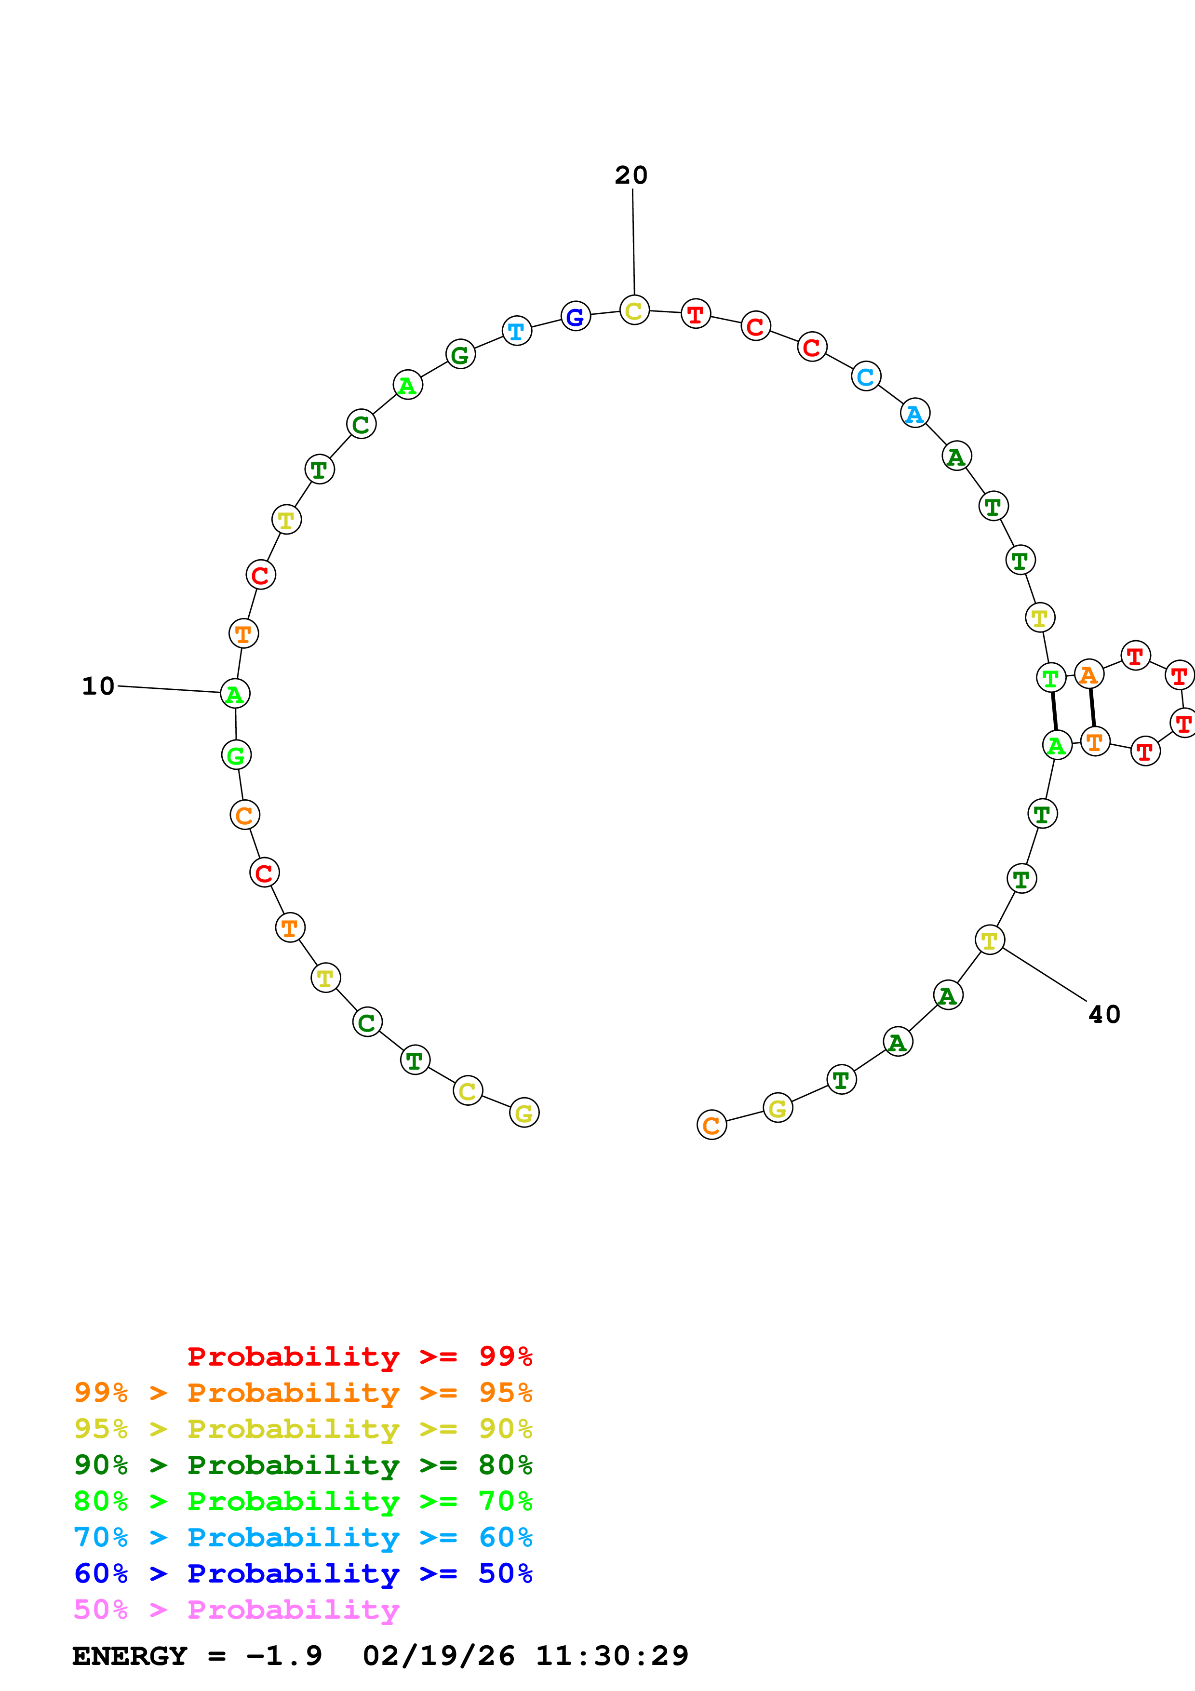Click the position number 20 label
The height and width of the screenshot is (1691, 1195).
click(631, 175)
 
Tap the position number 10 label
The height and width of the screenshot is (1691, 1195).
click(98, 686)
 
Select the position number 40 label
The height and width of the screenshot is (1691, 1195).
click(1104, 1015)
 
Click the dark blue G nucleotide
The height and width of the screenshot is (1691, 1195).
click(575, 317)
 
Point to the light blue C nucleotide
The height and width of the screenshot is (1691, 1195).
click(866, 377)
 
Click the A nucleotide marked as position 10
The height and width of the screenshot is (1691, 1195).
click(235, 694)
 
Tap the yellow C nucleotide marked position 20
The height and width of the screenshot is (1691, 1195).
click(634, 311)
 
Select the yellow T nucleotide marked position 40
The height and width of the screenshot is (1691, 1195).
click(990, 940)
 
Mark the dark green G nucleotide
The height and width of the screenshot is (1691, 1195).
click(460, 355)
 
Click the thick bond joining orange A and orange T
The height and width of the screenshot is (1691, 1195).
click(1092, 708)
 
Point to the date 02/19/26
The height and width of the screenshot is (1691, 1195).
click(438, 1656)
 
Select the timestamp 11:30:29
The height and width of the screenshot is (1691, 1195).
click(611, 1656)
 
